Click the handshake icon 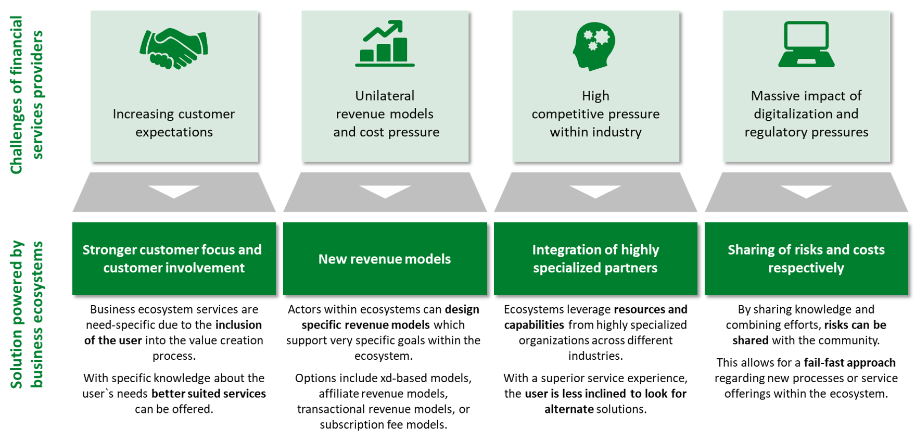click(174, 48)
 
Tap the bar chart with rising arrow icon click(385, 44)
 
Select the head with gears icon click(594, 46)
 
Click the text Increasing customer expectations click(174, 123)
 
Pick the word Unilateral click(385, 96)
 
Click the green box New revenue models click(385, 259)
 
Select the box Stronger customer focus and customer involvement click(174, 259)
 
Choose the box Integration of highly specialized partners click(595, 259)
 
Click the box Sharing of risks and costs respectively click(806, 259)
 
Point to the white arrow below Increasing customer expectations click(174, 191)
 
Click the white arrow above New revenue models click(385, 191)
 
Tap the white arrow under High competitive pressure click(595, 191)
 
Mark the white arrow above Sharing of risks click(806, 191)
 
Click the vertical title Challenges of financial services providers click(26, 95)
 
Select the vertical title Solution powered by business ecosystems click(26, 315)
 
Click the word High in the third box click(595, 96)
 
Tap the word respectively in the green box click(806, 268)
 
